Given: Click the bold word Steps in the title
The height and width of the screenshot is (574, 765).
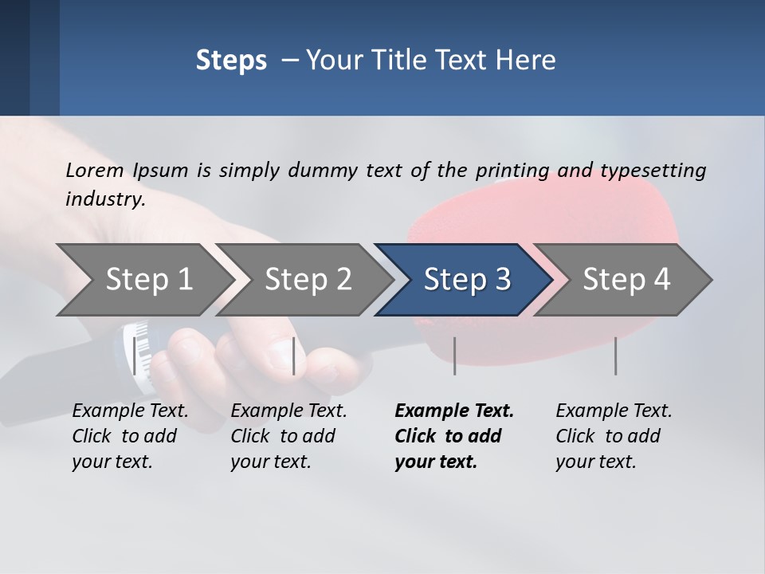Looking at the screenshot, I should (231, 61).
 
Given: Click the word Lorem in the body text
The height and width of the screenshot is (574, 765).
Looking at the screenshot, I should (93, 170).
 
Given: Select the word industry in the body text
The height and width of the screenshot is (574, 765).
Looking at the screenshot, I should (104, 199).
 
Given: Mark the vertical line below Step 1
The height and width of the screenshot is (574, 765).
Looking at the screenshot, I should (135, 356).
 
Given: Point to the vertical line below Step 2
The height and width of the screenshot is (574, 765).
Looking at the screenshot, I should (294, 356).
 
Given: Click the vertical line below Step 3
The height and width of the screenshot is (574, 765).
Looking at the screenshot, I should (455, 356).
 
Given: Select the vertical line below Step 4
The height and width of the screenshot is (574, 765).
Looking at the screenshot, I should (616, 356).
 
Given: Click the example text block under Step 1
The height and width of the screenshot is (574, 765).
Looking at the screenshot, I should (130, 436).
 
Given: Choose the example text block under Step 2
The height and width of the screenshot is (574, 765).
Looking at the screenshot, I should (288, 436).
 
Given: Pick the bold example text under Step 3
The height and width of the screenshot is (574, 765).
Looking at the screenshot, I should (453, 436).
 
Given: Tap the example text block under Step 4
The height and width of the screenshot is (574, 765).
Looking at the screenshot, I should (614, 436).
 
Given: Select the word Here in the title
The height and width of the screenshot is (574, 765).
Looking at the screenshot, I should (529, 61).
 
